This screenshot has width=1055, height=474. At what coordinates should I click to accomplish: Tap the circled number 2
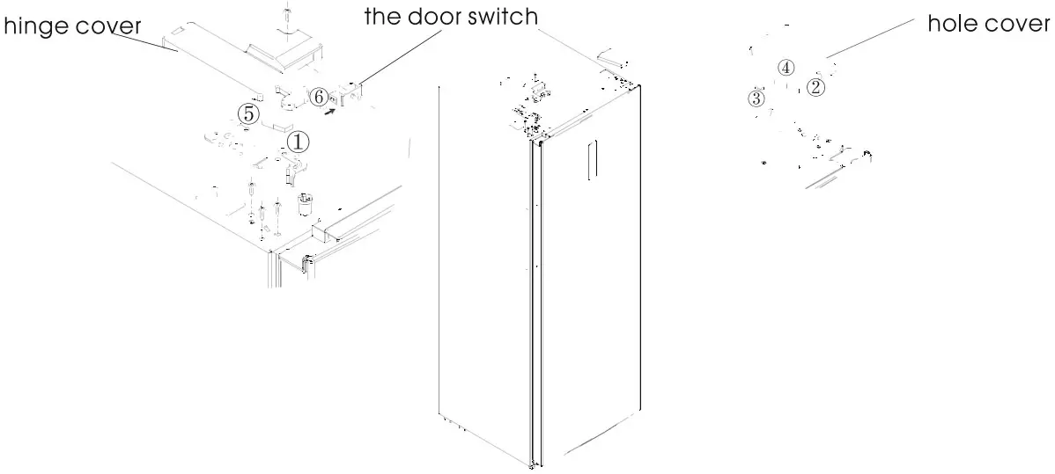[816, 86]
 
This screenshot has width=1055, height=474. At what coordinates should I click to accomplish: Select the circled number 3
[755, 98]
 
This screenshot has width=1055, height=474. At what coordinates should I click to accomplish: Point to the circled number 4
[786, 68]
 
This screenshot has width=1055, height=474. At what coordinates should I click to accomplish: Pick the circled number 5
[249, 113]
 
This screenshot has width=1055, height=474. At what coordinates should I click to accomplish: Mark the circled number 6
[320, 96]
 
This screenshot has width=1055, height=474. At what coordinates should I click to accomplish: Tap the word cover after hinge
[109, 27]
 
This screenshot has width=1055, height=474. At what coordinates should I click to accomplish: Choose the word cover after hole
[1020, 24]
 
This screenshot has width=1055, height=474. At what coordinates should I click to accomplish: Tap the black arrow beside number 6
[328, 112]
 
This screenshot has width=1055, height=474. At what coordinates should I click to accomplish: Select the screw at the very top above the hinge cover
[287, 14]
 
